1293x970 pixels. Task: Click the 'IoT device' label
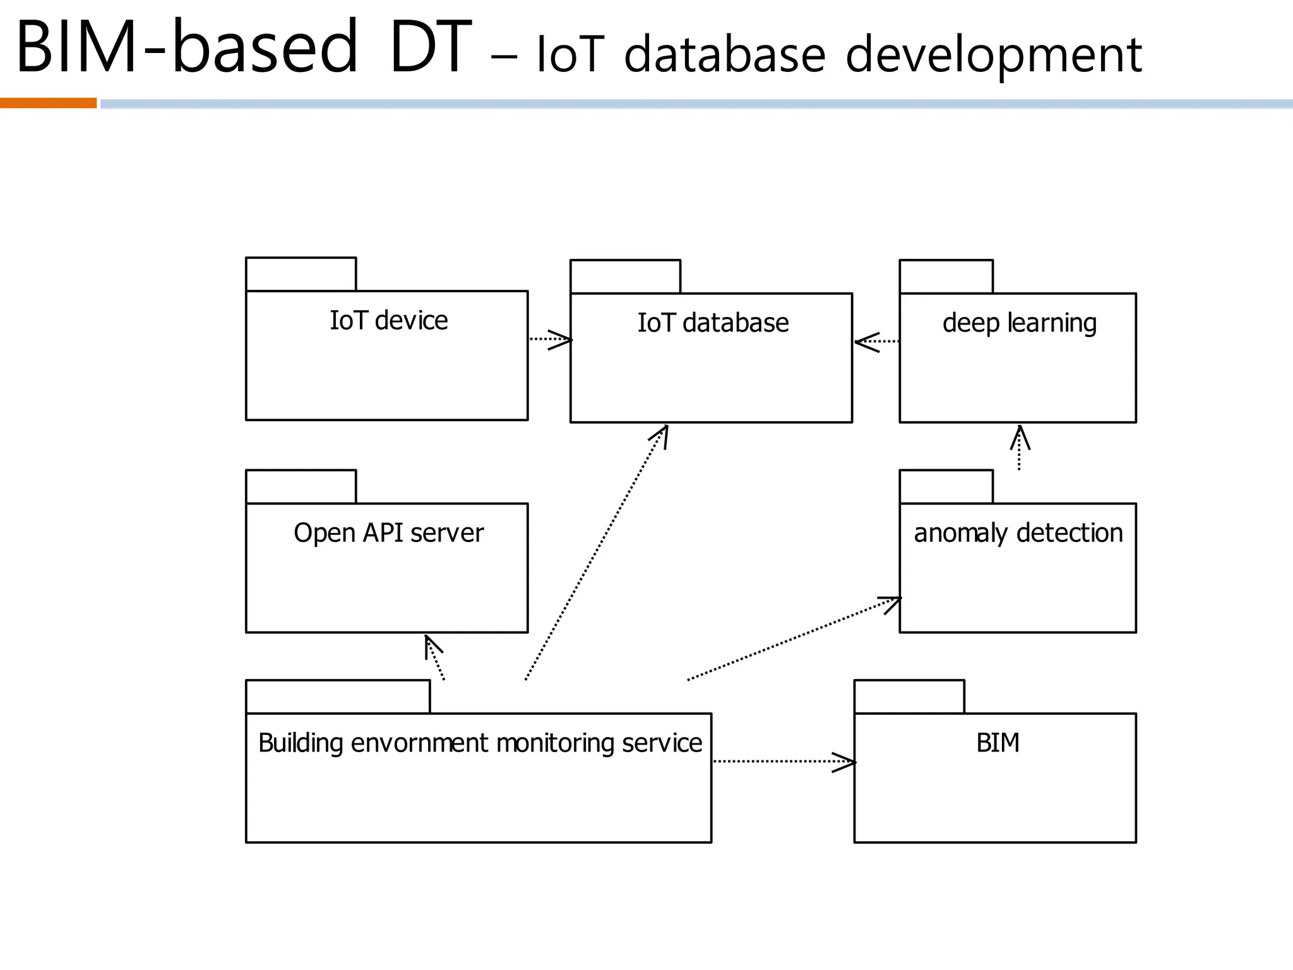(388, 321)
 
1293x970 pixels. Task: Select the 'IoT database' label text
(713, 323)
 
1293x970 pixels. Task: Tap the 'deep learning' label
(1019, 323)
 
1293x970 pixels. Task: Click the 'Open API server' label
(388, 533)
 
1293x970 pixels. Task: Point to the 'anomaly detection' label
(1018, 533)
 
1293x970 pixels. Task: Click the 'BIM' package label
(998, 743)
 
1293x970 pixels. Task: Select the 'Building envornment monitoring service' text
(480, 743)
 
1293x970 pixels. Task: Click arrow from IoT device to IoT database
(549, 340)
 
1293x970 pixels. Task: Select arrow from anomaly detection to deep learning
(1020, 448)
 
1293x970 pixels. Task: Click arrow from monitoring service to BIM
(783, 762)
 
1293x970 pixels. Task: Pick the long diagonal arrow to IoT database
(597, 553)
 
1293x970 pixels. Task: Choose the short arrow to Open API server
(435, 657)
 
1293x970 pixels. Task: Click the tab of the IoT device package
(301, 274)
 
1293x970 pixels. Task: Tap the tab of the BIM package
(909, 697)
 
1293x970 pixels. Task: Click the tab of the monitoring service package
(338, 697)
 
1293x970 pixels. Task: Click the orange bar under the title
(48, 104)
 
